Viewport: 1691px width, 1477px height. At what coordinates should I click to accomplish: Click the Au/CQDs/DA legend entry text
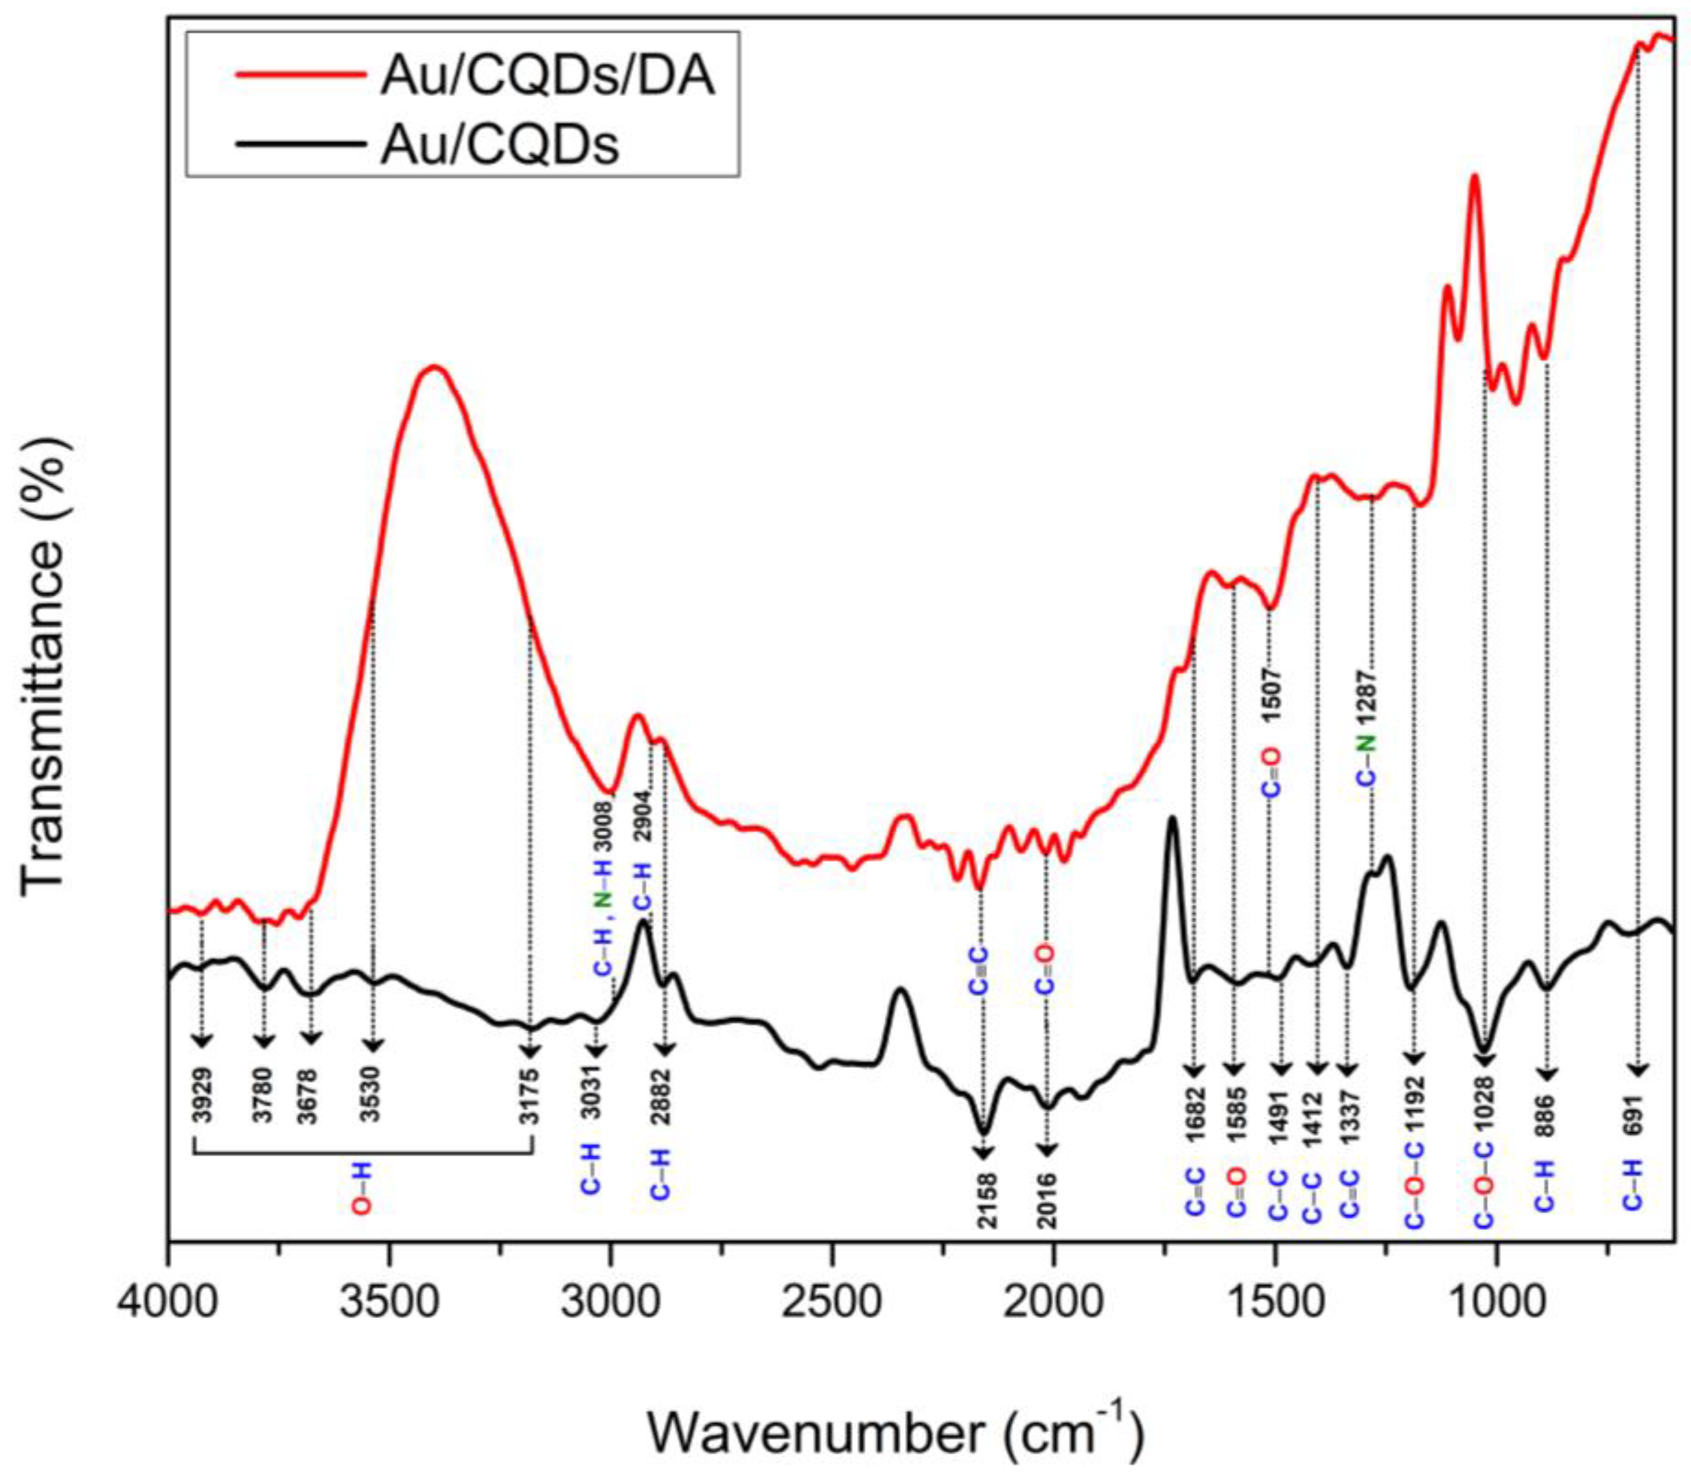pos(547,78)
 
